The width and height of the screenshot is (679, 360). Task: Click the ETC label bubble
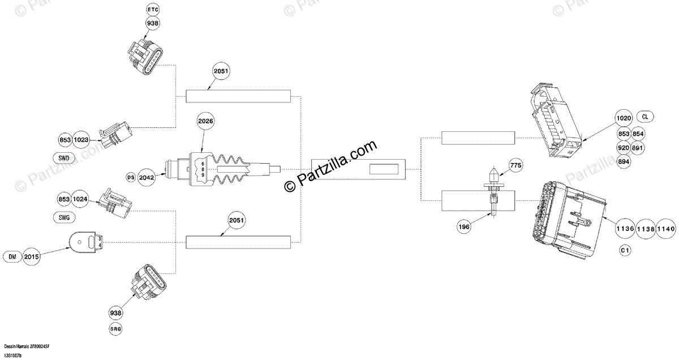coord(153,10)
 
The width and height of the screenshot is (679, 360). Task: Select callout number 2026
coord(206,121)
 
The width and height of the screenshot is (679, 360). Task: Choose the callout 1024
coord(81,199)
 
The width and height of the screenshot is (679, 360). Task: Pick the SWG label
coord(65,217)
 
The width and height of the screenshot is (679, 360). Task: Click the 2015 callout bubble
coord(32,257)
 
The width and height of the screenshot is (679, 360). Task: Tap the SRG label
coord(115,329)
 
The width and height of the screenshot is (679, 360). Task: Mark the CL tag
coord(646,117)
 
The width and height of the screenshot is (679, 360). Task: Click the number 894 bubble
coord(625,161)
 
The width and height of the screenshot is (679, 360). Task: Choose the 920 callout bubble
coord(625,147)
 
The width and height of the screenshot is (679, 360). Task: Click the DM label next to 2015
coord(12,257)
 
